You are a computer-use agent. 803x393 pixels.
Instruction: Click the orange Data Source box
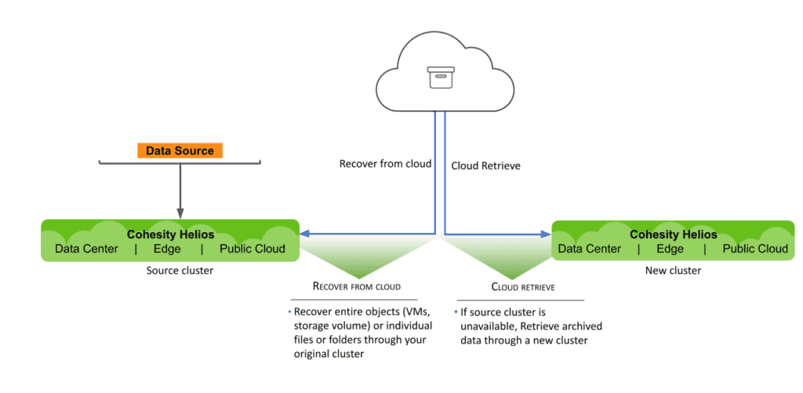coord(180,151)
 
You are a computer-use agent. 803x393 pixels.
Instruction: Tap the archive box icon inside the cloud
coord(440,77)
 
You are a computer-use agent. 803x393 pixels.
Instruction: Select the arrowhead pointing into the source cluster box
coord(306,233)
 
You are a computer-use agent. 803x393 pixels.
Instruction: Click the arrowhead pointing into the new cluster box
coord(547,233)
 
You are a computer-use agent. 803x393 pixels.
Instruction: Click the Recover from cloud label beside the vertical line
coord(385,164)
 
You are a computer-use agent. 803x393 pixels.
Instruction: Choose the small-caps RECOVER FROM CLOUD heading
coord(358,286)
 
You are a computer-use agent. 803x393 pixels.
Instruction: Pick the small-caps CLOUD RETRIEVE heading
coord(523,287)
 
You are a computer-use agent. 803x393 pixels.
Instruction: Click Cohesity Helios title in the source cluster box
coord(170,234)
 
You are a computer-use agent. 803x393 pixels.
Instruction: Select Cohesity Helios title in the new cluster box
coord(673,234)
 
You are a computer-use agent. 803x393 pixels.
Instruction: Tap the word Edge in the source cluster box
coord(167,249)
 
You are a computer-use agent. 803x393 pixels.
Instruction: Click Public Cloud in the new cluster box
coord(755,249)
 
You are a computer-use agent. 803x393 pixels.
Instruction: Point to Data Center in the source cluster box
coord(86,249)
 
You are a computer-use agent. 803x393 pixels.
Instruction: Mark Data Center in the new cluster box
coord(590,249)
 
